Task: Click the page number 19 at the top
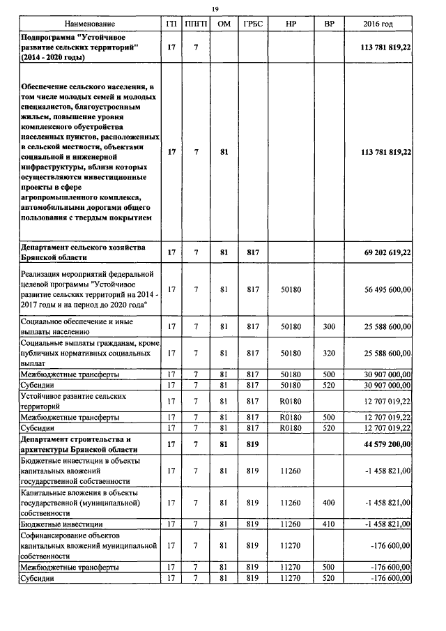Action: point(215,8)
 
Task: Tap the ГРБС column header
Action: point(252,24)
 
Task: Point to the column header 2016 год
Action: point(378,24)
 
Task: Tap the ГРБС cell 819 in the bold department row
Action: point(252,443)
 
